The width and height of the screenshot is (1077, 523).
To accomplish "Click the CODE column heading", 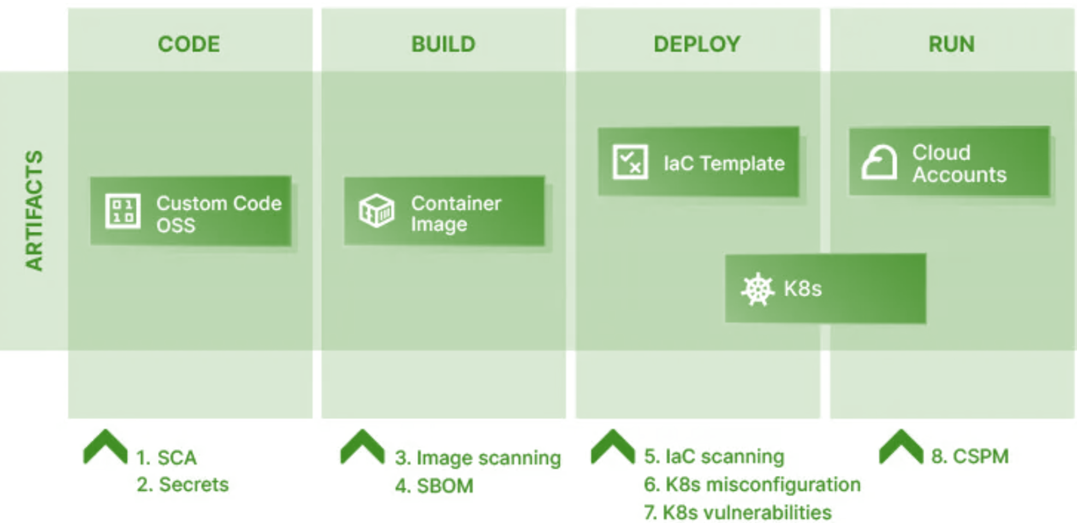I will (x=189, y=44).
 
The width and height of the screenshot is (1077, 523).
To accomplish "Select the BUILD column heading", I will (x=443, y=44).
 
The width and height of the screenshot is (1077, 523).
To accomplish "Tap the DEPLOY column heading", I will (x=697, y=44).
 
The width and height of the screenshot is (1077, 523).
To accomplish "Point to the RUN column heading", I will (x=951, y=44).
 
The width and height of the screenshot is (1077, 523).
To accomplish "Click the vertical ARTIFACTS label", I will (x=34, y=211).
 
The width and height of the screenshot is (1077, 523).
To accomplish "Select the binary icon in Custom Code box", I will (x=123, y=211).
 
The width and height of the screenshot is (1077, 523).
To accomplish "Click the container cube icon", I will (x=376, y=211).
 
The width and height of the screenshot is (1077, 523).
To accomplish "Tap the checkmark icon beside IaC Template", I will (x=630, y=162).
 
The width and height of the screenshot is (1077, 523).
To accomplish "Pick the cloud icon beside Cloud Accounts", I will (x=879, y=162).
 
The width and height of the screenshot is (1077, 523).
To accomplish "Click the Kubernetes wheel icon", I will (x=758, y=289).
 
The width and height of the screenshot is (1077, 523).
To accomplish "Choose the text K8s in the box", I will (x=803, y=289).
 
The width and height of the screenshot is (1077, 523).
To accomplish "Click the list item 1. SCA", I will (x=166, y=458).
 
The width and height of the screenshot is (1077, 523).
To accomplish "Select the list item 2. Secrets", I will (x=183, y=485).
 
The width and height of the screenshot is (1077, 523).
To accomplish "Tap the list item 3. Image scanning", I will (x=477, y=458).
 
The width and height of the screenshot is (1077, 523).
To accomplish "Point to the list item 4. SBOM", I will (x=434, y=486).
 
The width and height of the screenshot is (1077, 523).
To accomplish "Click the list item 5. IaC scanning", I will (x=714, y=456).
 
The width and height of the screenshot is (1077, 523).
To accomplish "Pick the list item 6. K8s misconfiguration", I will (x=752, y=485).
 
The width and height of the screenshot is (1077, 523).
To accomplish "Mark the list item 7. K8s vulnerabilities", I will (x=737, y=513).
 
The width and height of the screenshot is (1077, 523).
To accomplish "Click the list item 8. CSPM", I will (x=970, y=456).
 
